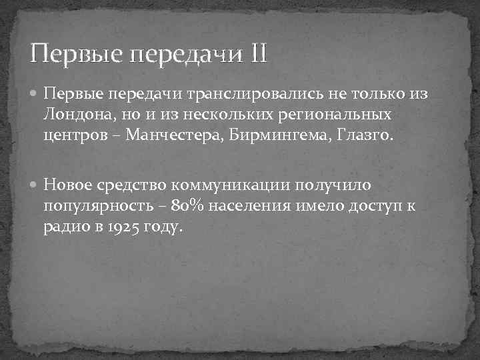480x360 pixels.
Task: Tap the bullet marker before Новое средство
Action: (x=35, y=183)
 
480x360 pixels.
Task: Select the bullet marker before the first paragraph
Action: (x=35, y=95)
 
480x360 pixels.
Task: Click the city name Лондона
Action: (x=75, y=115)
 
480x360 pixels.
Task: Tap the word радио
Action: (x=66, y=226)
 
